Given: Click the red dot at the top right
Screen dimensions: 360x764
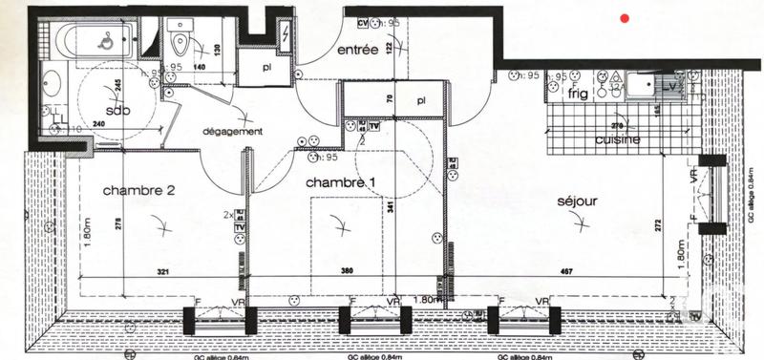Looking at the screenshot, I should (x=624, y=17).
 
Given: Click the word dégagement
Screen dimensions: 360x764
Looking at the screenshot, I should (x=230, y=132).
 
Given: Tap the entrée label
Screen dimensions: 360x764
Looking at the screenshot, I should (x=359, y=49).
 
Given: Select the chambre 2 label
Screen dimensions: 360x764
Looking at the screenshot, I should (x=138, y=190).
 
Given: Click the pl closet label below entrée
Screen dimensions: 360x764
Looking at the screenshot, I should (x=420, y=99).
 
